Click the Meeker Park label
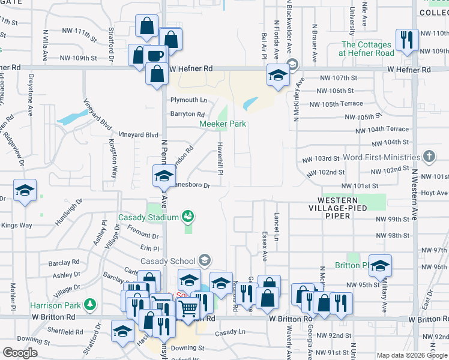tap(223, 124)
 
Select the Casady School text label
tap(168, 261)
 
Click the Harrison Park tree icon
tap(90, 305)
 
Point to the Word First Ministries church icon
tap(428, 157)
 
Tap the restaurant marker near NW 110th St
tap(407, 40)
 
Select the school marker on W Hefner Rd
tap(278, 76)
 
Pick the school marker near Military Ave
tap(379, 265)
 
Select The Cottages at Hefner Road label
tap(367, 49)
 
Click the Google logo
tap(20, 353)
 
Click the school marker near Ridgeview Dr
tap(25, 191)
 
